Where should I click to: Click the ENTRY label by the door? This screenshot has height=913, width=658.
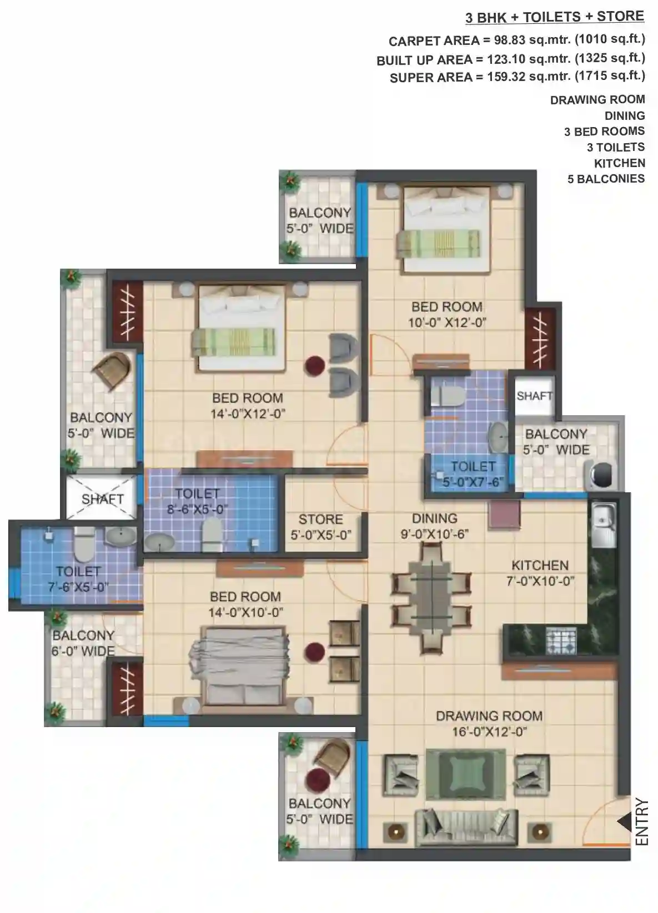pos(641,821)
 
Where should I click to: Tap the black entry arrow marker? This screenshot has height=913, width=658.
pos(624,821)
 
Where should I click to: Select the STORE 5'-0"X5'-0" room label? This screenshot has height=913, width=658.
pos(321,527)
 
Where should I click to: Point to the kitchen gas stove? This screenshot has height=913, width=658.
pos(561,642)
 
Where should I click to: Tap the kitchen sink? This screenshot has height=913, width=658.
pos(603,524)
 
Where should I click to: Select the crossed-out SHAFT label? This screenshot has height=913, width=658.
pos(102,500)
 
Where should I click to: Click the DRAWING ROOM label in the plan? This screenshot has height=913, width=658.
pos(489,716)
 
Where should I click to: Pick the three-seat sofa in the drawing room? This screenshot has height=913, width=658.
pos(466,827)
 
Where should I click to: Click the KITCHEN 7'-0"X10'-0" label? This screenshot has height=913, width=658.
pos(540,573)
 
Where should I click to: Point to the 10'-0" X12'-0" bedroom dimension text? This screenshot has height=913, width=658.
pos(447,323)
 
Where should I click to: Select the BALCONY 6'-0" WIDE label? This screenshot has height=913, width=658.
pos(83,643)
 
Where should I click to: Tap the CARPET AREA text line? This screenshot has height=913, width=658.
pos(516,41)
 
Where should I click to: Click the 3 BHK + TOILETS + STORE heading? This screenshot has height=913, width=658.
pos(555,17)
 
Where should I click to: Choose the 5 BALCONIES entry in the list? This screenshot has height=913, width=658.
pos(606,179)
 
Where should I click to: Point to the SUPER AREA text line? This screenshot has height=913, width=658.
pos(518,77)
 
